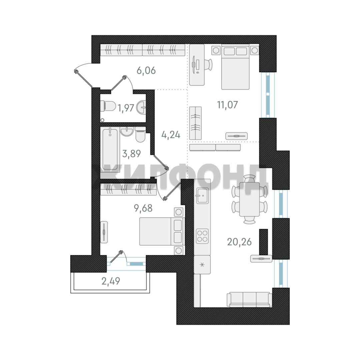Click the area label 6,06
click(x=146, y=70)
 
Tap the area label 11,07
click(x=228, y=105)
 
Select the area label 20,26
click(x=239, y=242)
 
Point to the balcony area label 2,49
click(x=111, y=281)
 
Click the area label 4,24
click(x=171, y=135)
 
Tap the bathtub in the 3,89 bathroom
click(x=110, y=149)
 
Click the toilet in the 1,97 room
click(x=108, y=106)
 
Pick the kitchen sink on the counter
click(x=202, y=196)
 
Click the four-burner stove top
click(x=202, y=236)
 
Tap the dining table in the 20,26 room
click(x=250, y=199)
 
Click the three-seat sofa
click(x=249, y=299)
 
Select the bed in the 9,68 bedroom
click(x=162, y=231)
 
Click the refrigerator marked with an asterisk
click(x=202, y=265)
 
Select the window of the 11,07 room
click(x=268, y=95)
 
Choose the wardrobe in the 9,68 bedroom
click(x=128, y=189)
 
